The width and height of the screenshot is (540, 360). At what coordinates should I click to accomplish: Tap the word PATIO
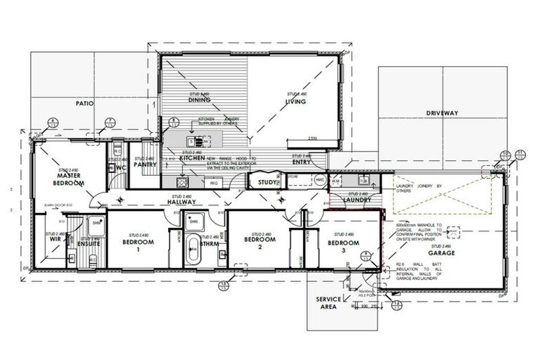[85, 103]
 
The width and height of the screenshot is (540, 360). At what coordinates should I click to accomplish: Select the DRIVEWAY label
[442, 112]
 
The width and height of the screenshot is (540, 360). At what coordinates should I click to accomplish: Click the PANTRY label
[145, 165]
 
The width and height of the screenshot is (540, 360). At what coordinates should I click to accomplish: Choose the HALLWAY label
[181, 201]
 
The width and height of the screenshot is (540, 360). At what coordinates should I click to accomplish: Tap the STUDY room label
[268, 183]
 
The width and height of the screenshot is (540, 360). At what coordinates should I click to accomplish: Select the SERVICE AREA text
[328, 303]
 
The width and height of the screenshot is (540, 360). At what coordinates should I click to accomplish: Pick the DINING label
[200, 100]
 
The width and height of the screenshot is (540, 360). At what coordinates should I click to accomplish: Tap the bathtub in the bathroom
[193, 251]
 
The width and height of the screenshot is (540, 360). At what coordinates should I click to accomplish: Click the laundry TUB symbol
[363, 181]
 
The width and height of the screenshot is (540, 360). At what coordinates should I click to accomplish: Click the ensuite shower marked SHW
[96, 224]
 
